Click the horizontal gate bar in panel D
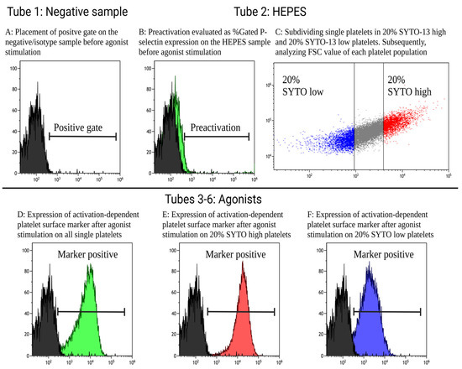pos(91,311)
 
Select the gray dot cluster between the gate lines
pos(368,133)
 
